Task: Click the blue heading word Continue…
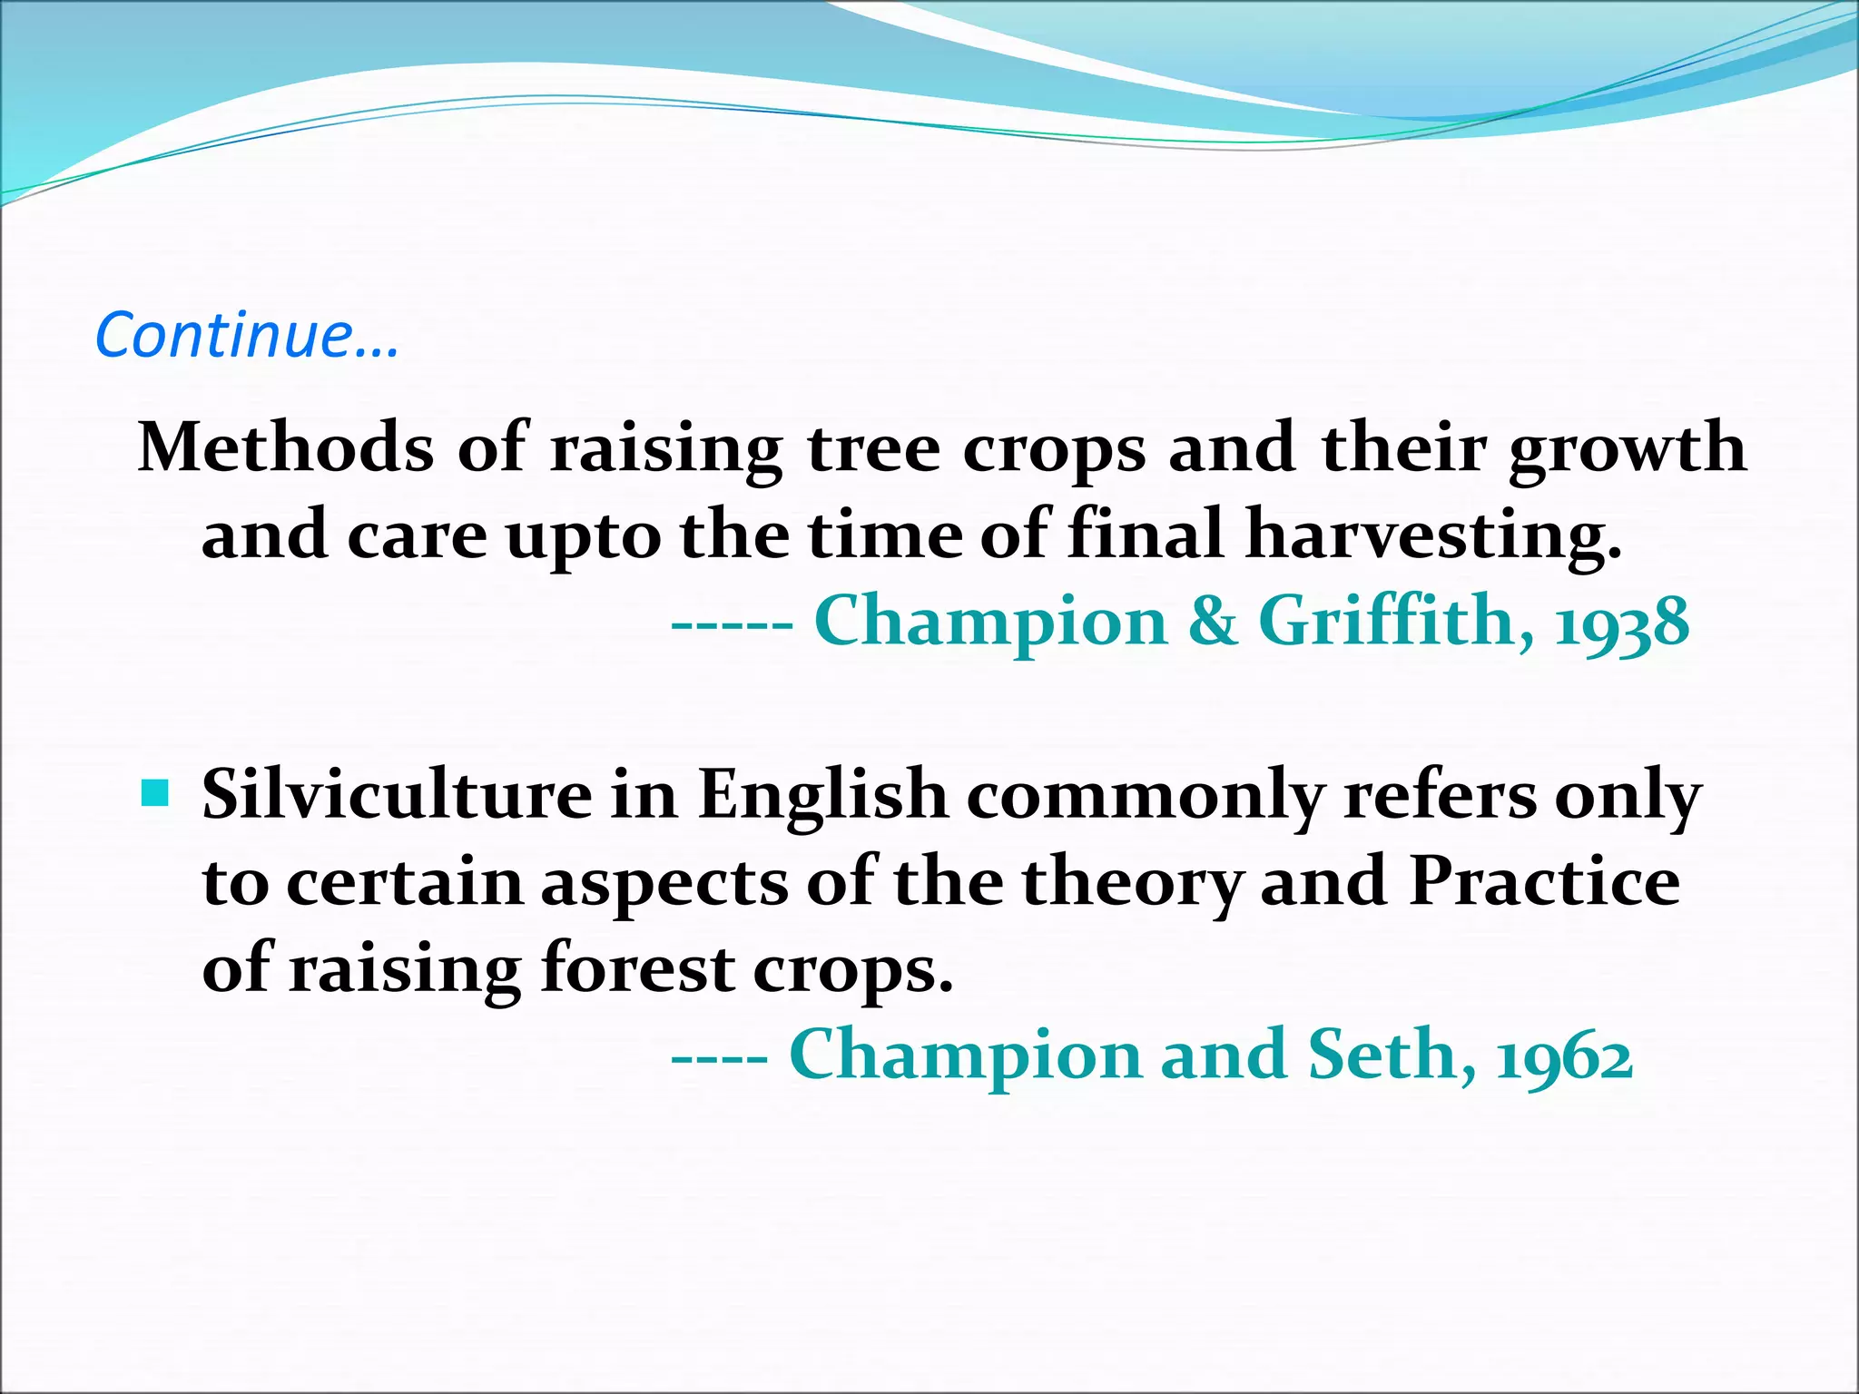click(x=246, y=336)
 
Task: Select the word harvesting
click(x=1433, y=535)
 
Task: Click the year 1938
click(x=1622, y=623)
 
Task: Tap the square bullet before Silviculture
click(x=156, y=795)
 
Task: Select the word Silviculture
click(x=397, y=795)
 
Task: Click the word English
click(x=822, y=795)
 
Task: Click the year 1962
click(x=1565, y=1056)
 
